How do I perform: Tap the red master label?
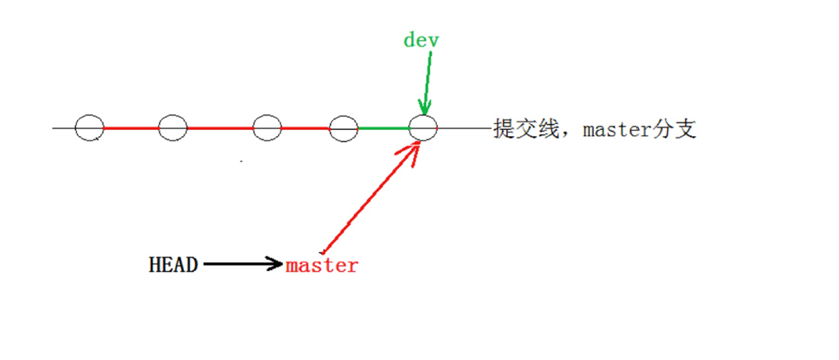pyautogui.click(x=322, y=265)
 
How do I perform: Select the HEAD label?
pyautogui.click(x=173, y=265)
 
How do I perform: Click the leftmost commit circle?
pyautogui.click(x=89, y=128)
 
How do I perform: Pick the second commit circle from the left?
pyautogui.click(x=172, y=128)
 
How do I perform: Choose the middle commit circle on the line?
pyautogui.click(x=268, y=128)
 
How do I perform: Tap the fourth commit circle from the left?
pyautogui.click(x=343, y=128)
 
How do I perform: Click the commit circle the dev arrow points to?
pyautogui.click(x=423, y=128)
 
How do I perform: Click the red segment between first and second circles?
pyautogui.click(x=130, y=128)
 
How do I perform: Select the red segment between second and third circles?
pyautogui.click(x=220, y=128)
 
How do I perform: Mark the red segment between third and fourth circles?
pyautogui.click(x=305, y=128)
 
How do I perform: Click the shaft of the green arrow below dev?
pyautogui.click(x=427, y=77)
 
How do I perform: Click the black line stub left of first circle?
pyautogui.click(x=63, y=128)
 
